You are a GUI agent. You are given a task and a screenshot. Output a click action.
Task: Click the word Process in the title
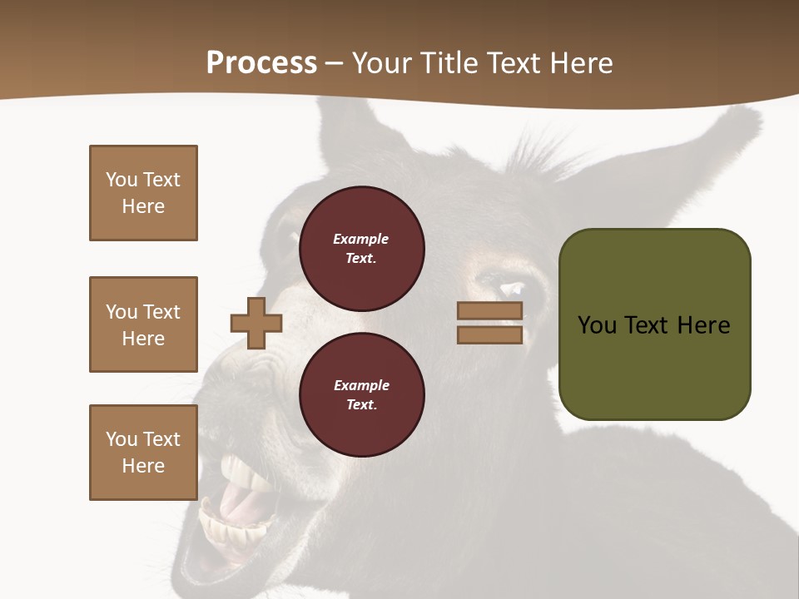[x=261, y=63]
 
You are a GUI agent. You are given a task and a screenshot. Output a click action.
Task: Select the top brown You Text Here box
[x=143, y=193]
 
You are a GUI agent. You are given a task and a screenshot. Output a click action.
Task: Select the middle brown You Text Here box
[x=143, y=324]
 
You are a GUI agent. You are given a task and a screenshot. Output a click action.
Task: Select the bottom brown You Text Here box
[x=143, y=453]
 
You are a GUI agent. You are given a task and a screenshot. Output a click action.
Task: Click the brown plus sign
[x=256, y=323]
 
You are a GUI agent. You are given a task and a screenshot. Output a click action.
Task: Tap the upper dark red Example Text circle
[x=361, y=248]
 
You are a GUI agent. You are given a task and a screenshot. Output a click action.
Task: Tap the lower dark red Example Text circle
[x=361, y=394]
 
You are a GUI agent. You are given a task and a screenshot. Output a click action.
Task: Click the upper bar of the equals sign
[x=489, y=311]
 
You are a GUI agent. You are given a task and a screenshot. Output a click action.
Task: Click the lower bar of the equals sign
[x=489, y=334]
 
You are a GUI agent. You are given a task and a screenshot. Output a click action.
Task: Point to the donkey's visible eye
[x=513, y=290]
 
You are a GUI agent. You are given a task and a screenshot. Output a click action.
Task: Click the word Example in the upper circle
[x=360, y=239]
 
